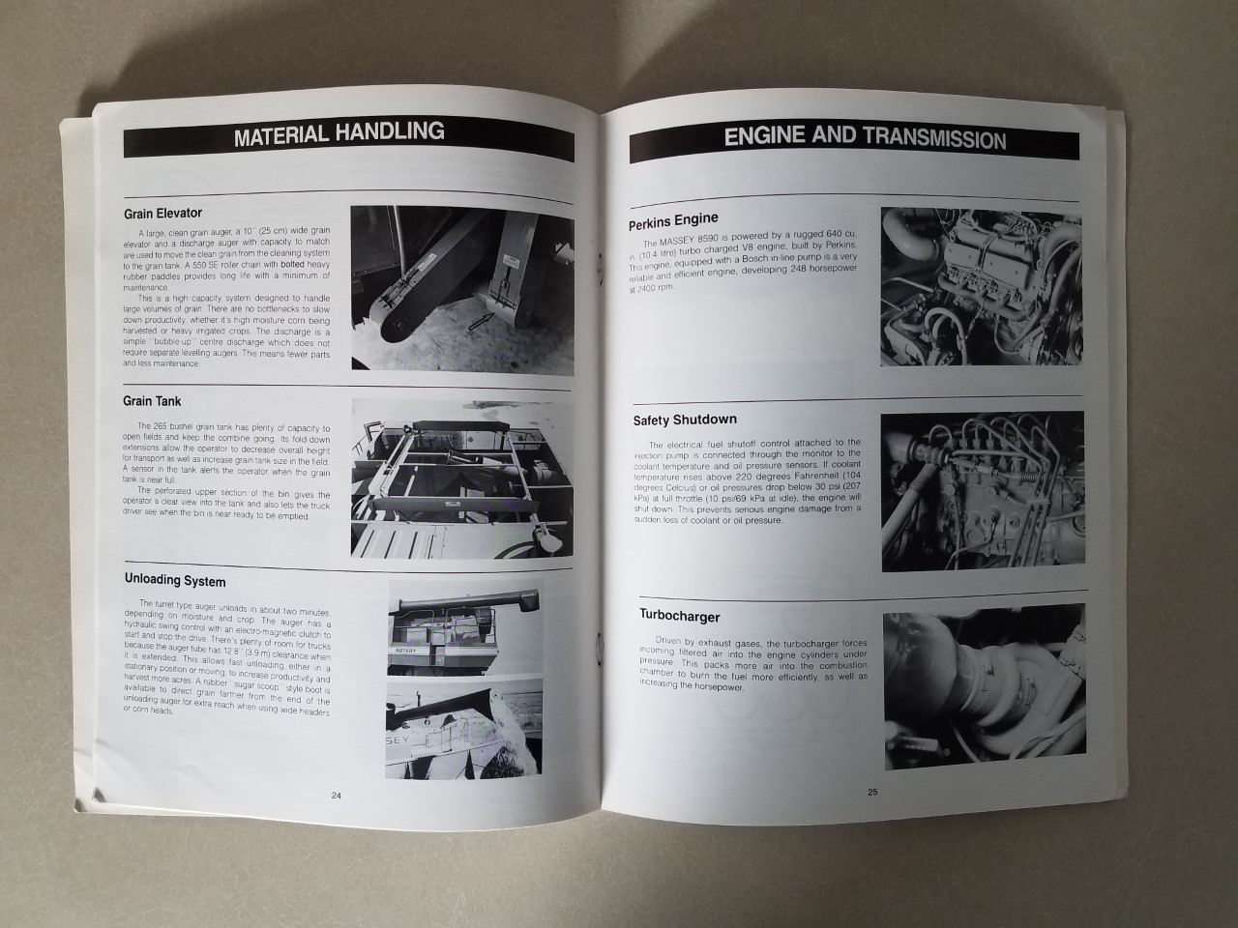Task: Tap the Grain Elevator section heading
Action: click(162, 213)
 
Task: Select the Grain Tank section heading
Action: click(152, 400)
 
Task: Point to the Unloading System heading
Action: click(175, 581)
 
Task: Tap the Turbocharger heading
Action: click(679, 616)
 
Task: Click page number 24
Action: click(336, 796)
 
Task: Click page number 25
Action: click(872, 792)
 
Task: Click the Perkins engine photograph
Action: click(981, 286)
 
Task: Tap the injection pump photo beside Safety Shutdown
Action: click(981, 493)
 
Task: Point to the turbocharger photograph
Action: click(981, 688)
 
